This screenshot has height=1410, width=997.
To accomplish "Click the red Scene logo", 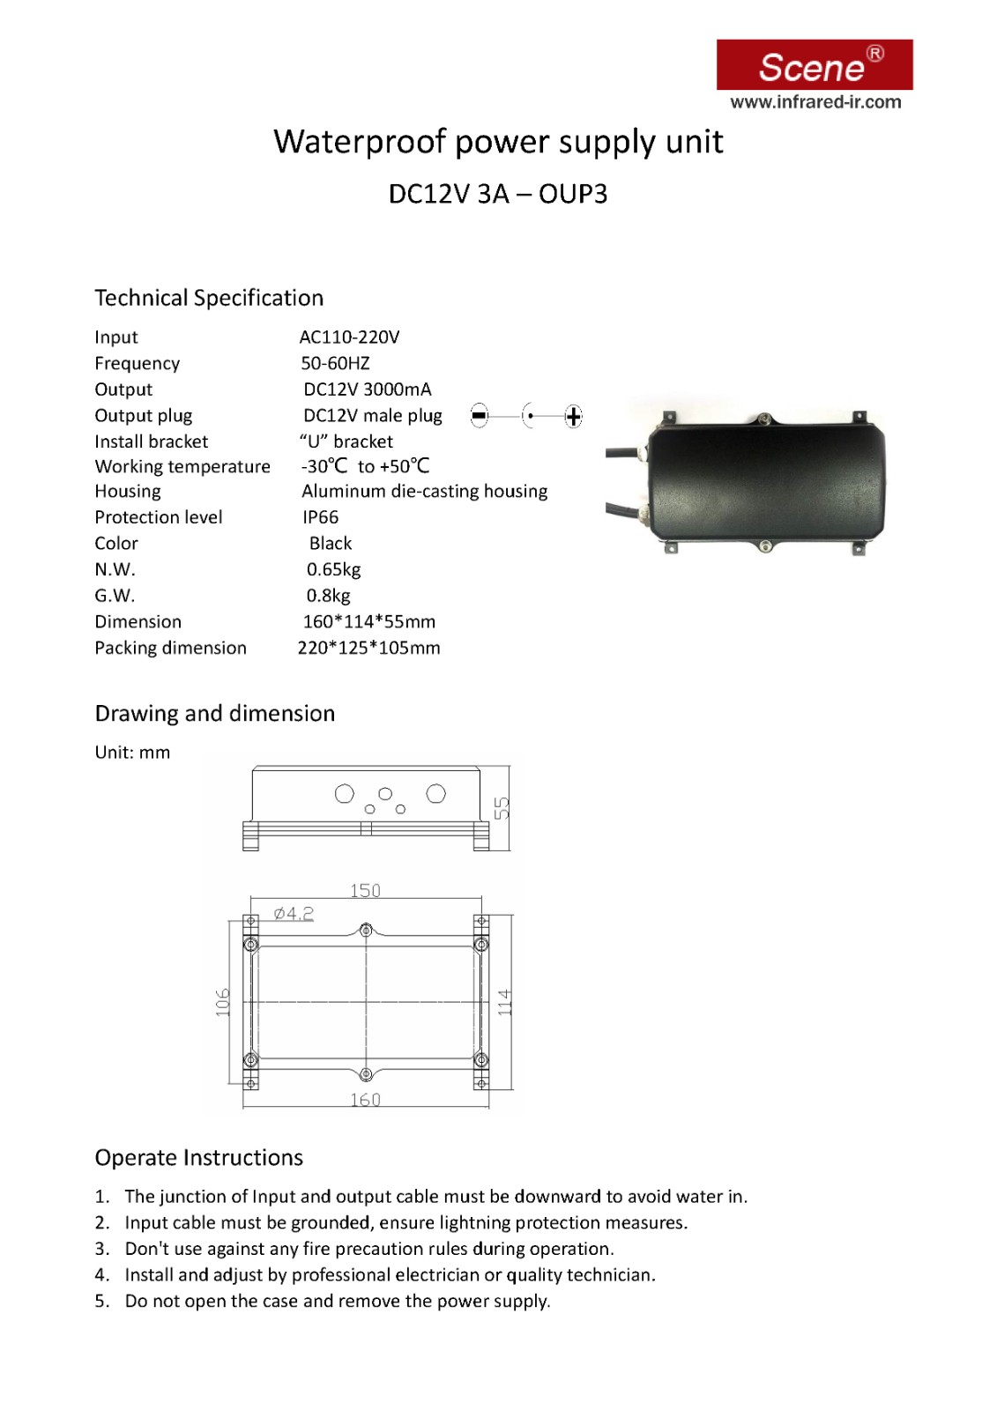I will [814, 64].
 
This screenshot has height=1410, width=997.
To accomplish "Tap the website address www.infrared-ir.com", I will [815, 102].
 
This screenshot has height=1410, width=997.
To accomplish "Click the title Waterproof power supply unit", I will [498, 142].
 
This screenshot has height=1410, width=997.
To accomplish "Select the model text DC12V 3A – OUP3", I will [498, 194].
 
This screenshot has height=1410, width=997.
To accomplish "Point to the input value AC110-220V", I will [349, 338].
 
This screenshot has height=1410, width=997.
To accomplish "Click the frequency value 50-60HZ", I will [335, 363].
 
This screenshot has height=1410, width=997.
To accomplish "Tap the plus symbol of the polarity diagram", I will [573, 416].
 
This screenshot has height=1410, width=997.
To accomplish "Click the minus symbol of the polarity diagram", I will [479, 416].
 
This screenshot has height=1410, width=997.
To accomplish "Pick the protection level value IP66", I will [321, 517].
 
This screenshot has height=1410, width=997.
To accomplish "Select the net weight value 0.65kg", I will [334, 569].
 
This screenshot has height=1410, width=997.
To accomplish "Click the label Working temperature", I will [182, 467].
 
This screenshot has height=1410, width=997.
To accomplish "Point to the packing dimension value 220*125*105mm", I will [368, 648].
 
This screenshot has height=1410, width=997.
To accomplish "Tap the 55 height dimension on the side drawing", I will [502, 807].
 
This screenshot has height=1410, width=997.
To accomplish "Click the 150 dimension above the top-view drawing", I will [365, 891].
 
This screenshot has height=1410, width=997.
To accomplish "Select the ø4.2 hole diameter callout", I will [294, 914].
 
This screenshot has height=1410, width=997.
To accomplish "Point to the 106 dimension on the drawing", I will [223, 1002].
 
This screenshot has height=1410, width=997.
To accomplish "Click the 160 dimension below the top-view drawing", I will [365, 1100].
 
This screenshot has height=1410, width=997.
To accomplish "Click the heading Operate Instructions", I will [199, 1158].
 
